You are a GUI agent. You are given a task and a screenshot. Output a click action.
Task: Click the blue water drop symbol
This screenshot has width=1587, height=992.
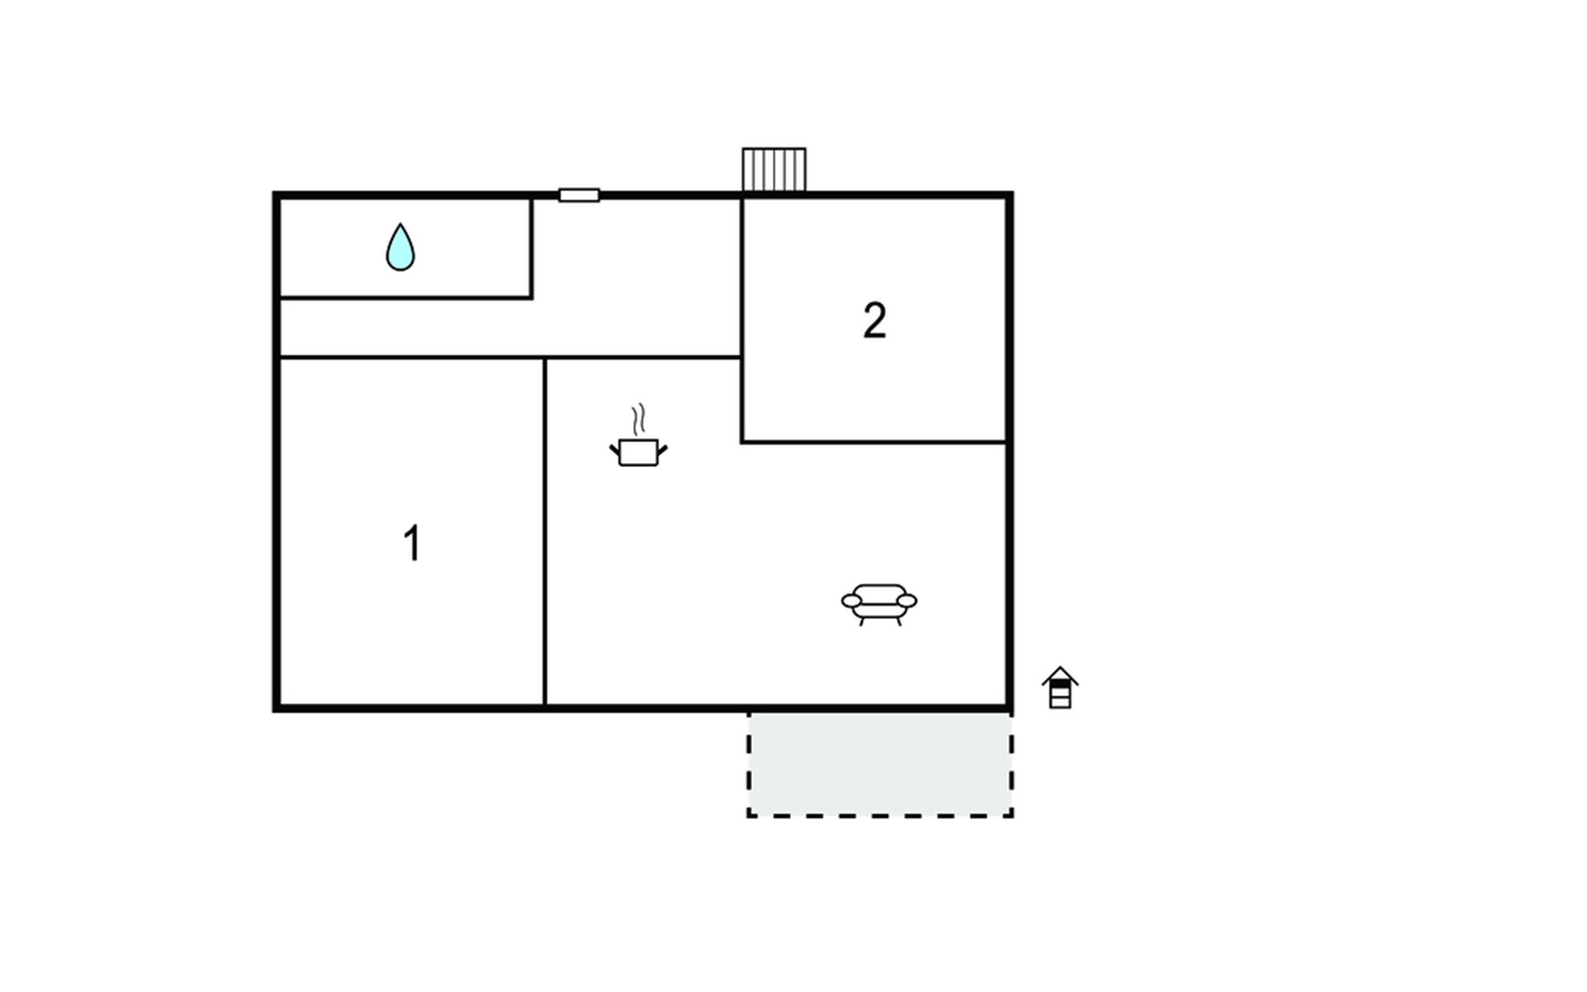click(400, 249)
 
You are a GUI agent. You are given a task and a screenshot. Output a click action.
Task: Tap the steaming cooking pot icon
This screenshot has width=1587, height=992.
click(638, 451)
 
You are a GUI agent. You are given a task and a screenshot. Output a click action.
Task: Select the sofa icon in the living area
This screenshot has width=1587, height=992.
click(879, 603)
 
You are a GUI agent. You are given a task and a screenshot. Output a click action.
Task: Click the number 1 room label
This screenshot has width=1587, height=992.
click(412, 543)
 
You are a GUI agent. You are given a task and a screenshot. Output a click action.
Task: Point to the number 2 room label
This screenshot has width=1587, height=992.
click(875, 321)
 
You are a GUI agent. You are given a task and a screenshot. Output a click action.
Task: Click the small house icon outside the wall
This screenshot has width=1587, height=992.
click(1060, 688)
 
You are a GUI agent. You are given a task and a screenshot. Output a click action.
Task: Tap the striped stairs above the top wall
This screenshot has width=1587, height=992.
click(774, 169)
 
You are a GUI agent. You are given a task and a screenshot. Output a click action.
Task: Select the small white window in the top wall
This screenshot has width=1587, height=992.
click(579, 195)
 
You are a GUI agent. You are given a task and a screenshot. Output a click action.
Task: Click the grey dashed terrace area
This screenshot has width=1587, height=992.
click(880, 765)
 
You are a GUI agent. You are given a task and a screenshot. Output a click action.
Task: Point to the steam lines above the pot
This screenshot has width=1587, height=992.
click(637, 420)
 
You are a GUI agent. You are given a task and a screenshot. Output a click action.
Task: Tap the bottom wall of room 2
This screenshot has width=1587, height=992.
click(875, 442)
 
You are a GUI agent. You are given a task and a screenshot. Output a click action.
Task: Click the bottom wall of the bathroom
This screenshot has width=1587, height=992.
click(405, 297)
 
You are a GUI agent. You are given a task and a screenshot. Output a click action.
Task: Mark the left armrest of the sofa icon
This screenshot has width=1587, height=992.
click(851, 601)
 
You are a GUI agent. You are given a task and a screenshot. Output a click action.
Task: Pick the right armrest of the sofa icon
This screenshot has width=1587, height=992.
click(907, 600)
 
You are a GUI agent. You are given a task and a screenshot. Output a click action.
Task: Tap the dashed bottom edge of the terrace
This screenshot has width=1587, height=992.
click(880, 816)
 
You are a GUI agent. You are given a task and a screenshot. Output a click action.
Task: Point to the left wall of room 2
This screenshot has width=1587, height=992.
click(742, 318)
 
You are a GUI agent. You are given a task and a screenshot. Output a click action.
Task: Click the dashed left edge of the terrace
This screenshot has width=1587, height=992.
click(749, 765)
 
